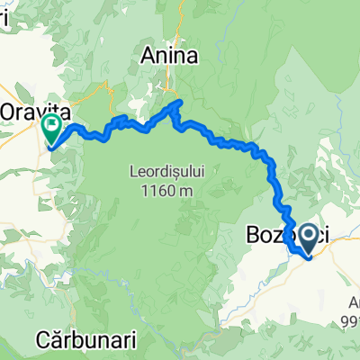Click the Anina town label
point(168,57)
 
